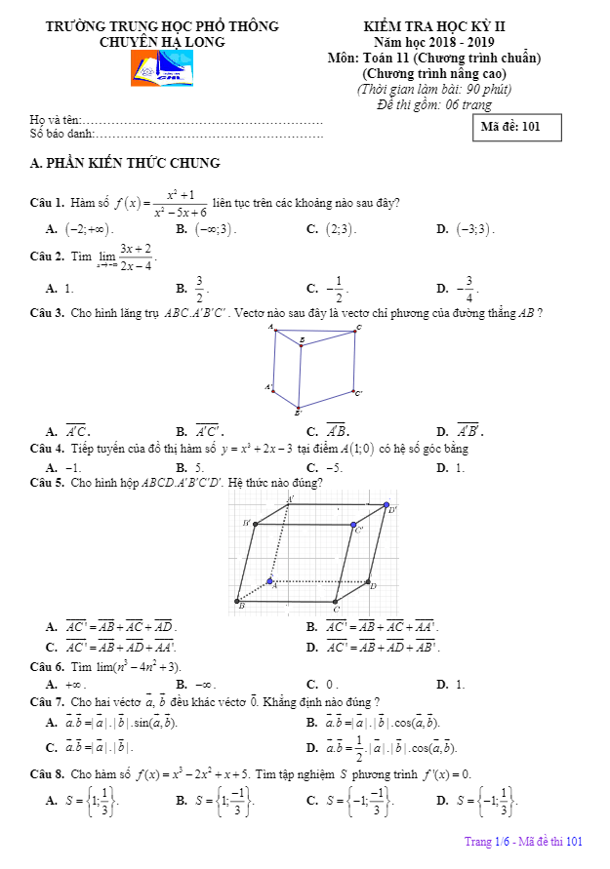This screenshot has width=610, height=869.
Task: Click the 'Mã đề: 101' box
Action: pos(517,126)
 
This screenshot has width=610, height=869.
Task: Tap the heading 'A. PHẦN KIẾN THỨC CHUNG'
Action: pos(126,163)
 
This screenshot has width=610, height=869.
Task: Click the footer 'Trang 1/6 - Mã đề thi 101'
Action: pos(523,842)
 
